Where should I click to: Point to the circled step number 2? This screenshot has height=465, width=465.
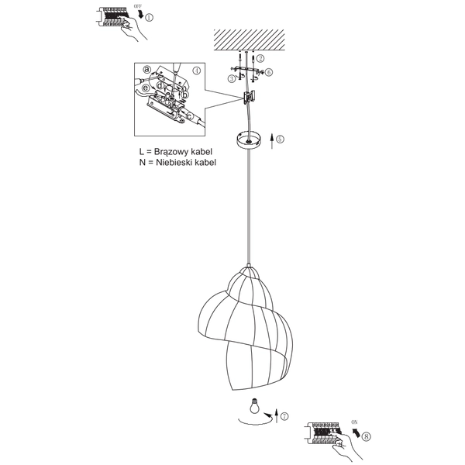(x=260, y=59)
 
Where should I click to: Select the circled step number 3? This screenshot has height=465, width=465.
(x=231, y=78)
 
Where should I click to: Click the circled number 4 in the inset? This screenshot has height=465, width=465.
(x=197, y=71)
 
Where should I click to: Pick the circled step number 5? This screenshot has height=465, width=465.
(x=280, y=139)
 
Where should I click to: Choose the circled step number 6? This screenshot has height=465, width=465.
(x=268, y=72)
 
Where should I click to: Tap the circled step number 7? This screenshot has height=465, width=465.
(x=284, y=416)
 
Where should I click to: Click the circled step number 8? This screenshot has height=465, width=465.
(x=366, y=436)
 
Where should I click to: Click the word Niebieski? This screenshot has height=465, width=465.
(x=179, y=163)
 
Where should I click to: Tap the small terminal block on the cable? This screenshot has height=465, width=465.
(x=250, y=98)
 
